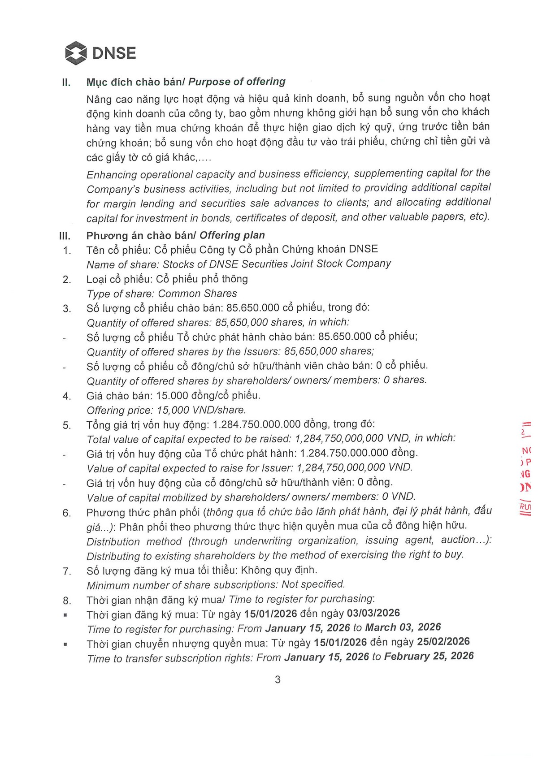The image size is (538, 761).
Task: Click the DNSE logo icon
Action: tap(76, 53)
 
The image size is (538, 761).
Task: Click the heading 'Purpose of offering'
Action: tap(237, 82)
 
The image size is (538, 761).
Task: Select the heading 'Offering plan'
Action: tap(232, 235)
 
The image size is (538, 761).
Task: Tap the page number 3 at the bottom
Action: tap(278, 679)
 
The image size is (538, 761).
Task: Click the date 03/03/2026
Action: tap(373, 613)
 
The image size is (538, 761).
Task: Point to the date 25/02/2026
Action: tap(443, 642)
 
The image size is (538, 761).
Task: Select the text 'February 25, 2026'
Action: tap(429, 656)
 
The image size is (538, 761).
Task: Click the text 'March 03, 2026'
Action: tap(403, 627)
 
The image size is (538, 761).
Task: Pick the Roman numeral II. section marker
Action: tap(66, 83)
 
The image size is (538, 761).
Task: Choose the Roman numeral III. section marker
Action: tap(65, 236)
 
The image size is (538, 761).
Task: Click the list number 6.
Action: tap(67, 513)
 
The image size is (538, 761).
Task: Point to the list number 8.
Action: tap(67, 600)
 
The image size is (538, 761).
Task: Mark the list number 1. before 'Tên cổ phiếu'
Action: tap(67, 251)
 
